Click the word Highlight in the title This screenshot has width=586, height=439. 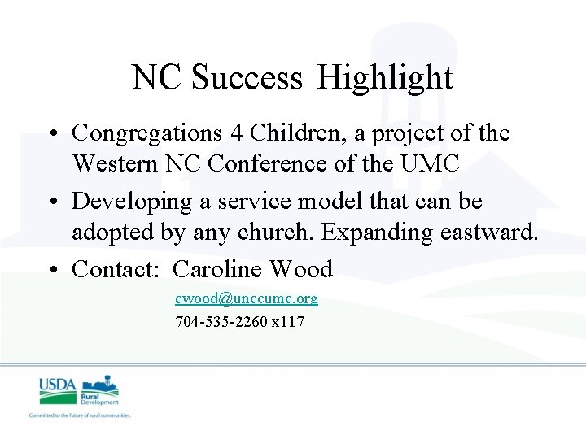click(385, 78)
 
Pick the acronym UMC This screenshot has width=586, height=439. click(431, 163)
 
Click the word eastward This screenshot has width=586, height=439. click(489, 233)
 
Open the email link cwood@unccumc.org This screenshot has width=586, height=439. click(247, 298)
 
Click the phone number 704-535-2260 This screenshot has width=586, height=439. click(221, 322)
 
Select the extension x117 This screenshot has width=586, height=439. click(288, 322)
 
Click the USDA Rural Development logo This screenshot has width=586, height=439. click(80, 393)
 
